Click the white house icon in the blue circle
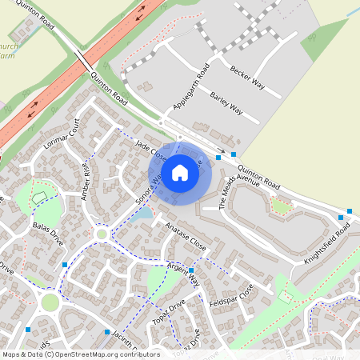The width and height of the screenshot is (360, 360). (180, 172)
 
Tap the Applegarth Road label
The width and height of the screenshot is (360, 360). (191, 87)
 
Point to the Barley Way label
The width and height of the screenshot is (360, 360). (226, 103)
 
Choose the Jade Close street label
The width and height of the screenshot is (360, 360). (150, 150)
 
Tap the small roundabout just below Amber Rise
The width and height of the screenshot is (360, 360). (102, 234)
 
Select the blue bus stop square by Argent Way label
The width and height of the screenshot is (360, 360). (192, 271)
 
